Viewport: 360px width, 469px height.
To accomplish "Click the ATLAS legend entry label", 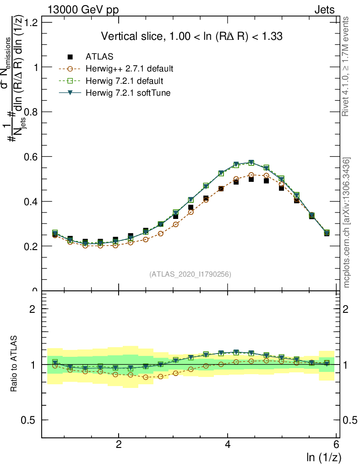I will coord(99,57).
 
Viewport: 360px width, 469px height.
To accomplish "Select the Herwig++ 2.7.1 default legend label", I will coord(129,69).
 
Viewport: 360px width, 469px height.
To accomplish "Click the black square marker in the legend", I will coord(70,57).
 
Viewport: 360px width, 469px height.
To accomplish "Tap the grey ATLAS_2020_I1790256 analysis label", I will coord(190,274).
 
